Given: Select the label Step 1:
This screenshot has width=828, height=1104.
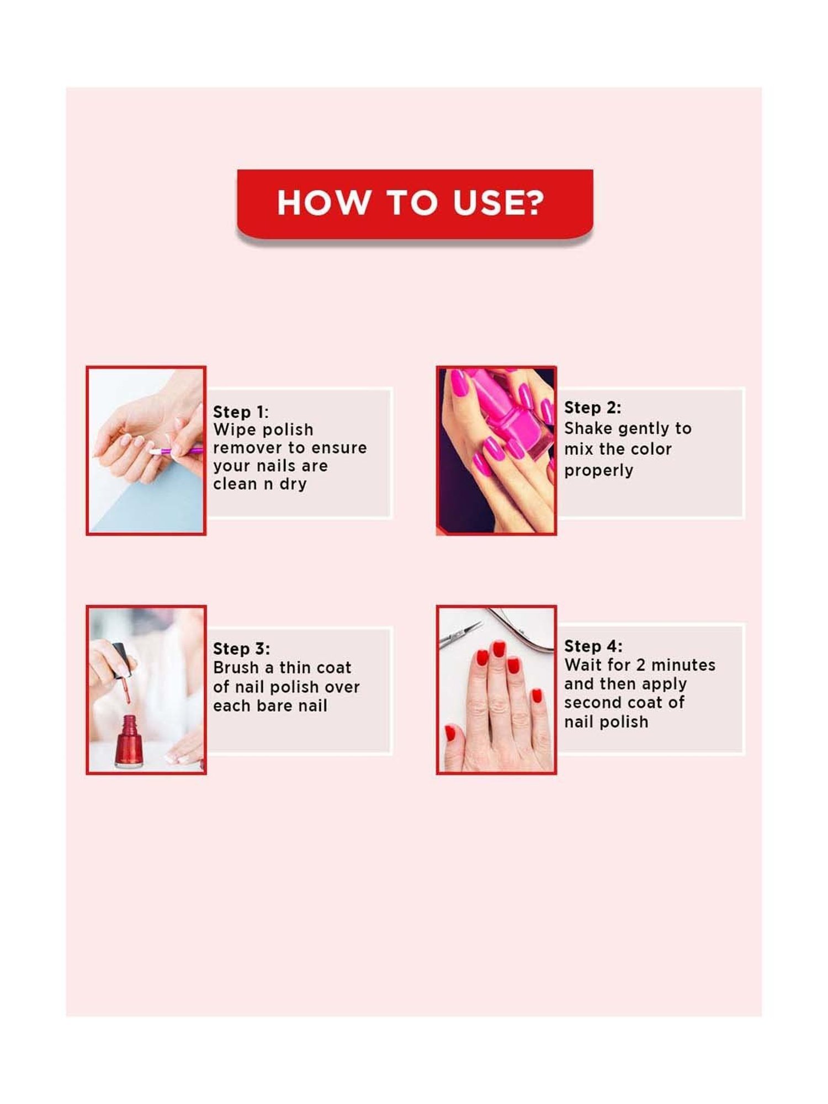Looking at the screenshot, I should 241,412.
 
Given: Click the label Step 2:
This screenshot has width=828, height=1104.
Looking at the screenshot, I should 592,408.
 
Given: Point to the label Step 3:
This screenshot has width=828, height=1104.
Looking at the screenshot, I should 241,649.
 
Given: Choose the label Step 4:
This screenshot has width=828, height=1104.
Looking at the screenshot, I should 593,646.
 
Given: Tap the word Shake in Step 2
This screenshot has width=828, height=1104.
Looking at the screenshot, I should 588,429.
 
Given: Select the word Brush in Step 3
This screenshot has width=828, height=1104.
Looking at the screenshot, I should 236,668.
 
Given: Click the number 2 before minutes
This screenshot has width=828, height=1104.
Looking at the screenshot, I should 641,665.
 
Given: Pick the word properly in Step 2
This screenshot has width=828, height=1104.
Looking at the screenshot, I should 598,471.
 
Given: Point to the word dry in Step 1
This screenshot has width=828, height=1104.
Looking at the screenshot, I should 293,484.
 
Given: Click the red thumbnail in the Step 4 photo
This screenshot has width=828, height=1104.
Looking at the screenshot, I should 450,733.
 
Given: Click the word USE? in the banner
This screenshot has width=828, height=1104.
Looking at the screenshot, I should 498,203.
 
